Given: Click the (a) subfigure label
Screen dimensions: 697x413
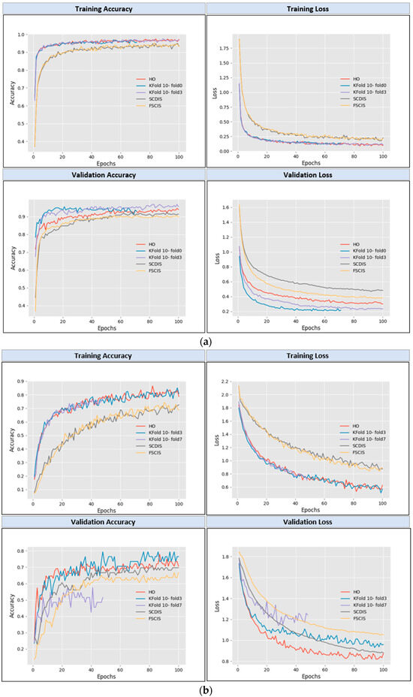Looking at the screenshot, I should [x=206, y=341].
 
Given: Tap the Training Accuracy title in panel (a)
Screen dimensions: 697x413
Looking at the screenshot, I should [x=103, y=9].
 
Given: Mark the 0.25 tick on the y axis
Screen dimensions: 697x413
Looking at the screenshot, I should [x=224, y=135].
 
